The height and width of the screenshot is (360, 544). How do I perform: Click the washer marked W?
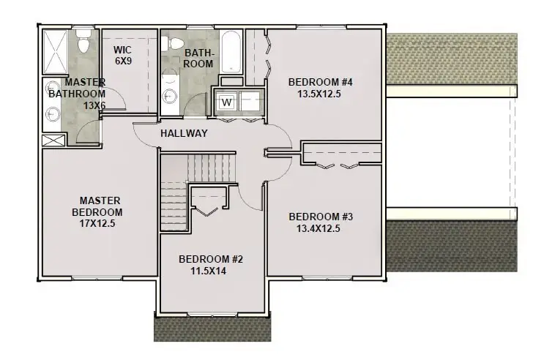pos(227,102)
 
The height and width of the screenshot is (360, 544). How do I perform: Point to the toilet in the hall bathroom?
pos(173,45)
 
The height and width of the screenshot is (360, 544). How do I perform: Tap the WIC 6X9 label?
pos(122,56)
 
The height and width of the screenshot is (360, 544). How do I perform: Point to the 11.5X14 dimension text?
pos(212,271)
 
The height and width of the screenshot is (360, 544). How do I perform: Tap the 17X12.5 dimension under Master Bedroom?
pos(100,224)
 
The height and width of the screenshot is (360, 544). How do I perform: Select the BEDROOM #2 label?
pos(212,258)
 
